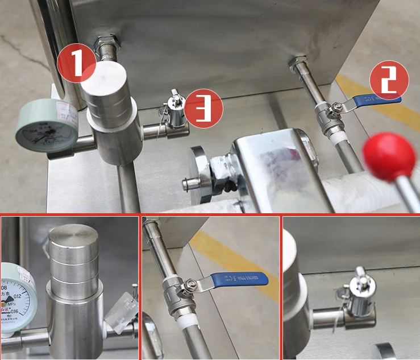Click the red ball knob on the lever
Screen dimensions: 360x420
(x=389, y=155)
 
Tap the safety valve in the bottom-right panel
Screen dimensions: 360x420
(x=361, y=296)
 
